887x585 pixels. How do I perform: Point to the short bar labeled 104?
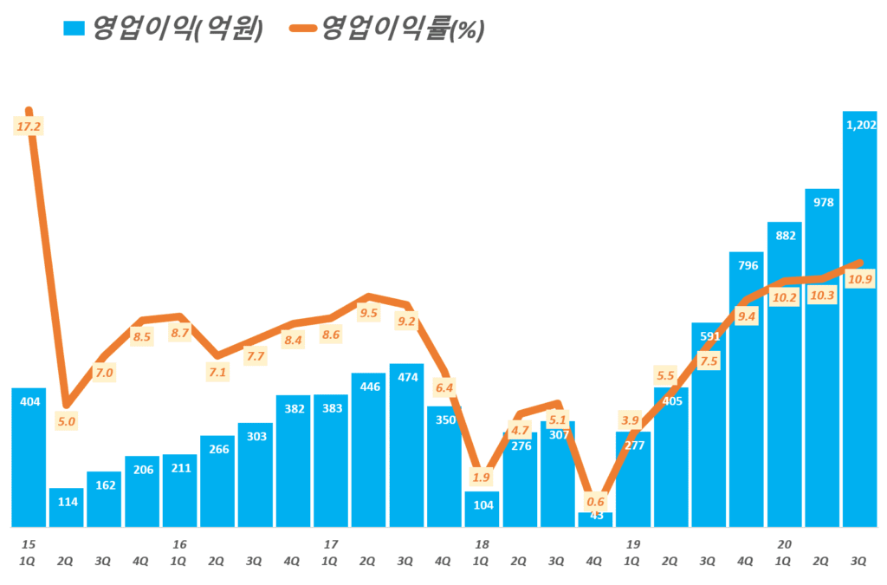click(x=482, y=511)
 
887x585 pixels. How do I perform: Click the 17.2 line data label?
click(x=29, y=127)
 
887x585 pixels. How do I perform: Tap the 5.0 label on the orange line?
click(x=66, y=422)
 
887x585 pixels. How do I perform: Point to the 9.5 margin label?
click(x=368, y=313)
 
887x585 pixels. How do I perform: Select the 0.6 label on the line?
click(x=595, y=502)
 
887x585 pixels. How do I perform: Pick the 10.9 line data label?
click(x=860, y=279)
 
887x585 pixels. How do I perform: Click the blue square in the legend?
click(x=74, y=29)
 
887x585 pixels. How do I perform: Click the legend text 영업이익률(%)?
click(x=402, y=29)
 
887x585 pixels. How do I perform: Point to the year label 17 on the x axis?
click(x=330, y=544)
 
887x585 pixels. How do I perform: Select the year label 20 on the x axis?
click(x=784, y=544)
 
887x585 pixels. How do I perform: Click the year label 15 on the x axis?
click(x=28, y=544)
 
